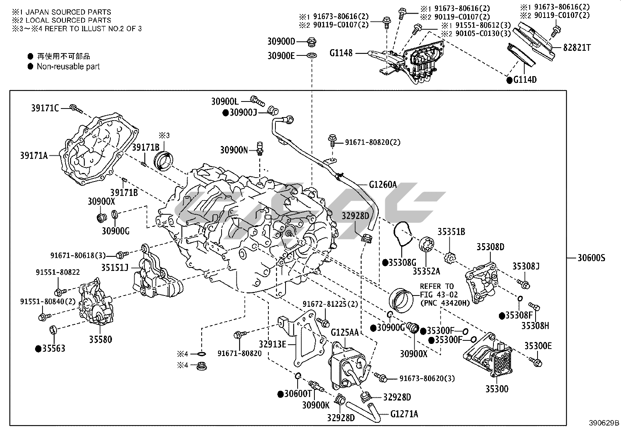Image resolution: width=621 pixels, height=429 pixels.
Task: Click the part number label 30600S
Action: click(x=591, y=258)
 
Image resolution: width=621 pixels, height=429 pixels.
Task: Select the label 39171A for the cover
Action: click(x=34, y=156)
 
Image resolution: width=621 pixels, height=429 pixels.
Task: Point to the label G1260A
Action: click(x=383, y=184)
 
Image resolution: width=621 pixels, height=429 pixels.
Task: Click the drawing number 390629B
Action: click(x=604, y=423)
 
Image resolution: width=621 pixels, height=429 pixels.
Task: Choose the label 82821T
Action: click(x=577, y=48)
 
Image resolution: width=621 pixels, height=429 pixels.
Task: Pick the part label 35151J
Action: click(x=115, y=267)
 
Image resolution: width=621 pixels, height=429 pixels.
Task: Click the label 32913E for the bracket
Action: click(x=272, y=344)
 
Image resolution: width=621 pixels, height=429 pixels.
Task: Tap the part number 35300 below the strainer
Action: click(x=497, y=389)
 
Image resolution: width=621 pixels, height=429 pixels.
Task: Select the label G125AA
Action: click(x=344, y=332)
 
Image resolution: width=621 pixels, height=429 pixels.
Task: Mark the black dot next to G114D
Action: click(x=509, y=80)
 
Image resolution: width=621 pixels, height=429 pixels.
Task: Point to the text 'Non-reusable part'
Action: click(x=68, y=67)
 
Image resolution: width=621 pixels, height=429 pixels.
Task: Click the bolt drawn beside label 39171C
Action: click(x=76, y=109)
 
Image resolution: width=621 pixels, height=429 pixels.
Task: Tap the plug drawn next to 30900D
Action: click(x=312, y=41)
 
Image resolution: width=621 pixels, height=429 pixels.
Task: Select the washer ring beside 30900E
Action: click(x=312, y=55)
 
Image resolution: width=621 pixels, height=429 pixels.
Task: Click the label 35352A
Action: click(x=426, y=271)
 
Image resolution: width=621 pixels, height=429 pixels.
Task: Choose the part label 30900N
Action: click(x=234, y=150)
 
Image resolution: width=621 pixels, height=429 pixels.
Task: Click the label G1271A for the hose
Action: click(x=404, y=414)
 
